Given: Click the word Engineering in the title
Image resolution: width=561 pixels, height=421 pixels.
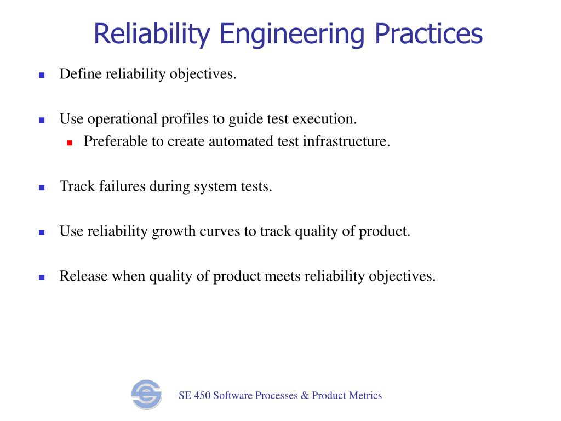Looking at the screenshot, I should click(x=293, y=34).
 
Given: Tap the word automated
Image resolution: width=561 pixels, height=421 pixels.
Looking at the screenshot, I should click(x=237, y=141).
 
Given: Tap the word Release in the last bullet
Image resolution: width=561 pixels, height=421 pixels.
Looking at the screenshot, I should click(x=84, y=276).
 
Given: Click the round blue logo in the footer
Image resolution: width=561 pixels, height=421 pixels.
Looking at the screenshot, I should click(x=146, y=395).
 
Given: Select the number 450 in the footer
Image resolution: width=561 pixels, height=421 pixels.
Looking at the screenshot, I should click(x=201, y=395).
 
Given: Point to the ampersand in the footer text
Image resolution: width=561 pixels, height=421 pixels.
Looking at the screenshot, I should click(x=305, y=395).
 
